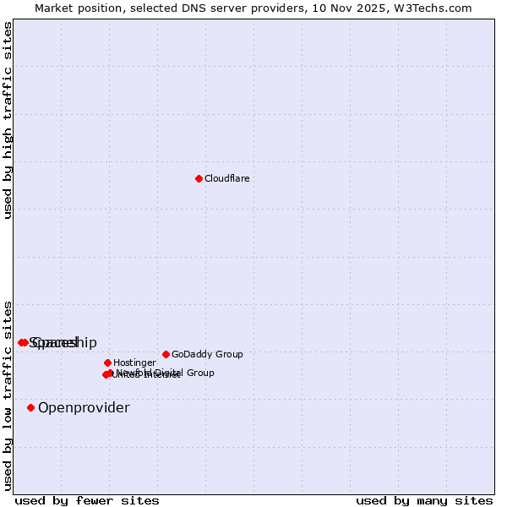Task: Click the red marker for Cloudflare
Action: [199, 178]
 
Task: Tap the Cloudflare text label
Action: [226, 178]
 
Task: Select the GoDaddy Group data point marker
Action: [166, 354]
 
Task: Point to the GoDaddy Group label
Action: [207, 355]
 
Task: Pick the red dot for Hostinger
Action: [107, 363]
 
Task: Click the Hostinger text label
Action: [134, 363]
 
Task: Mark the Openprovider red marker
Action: [30, 407]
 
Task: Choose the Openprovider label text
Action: [84, 408]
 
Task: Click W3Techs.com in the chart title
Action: [431, 8]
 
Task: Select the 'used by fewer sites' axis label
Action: [87, 500]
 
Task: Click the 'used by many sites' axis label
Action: [424, 500]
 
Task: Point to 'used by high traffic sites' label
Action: [8, 120]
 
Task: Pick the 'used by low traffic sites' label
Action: [8, 395]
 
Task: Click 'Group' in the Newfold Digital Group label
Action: [199, 373]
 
